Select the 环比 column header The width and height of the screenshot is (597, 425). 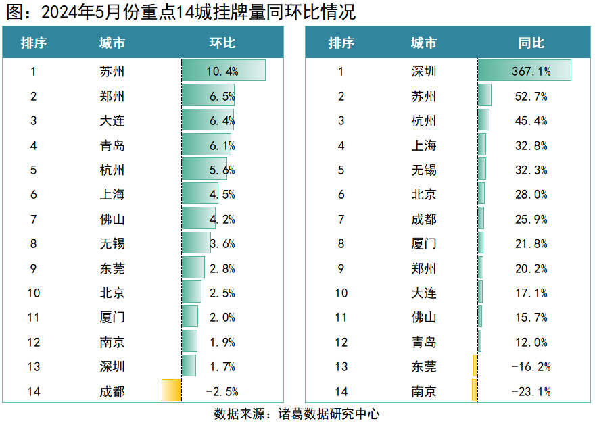(x=222, y=43)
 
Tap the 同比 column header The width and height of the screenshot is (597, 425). (x=531, y=43)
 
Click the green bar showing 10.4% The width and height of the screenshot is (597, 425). (x=223, y=71)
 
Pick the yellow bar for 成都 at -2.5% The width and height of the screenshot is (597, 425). (x=171, y=391)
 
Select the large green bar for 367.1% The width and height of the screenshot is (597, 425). (x=524, y=71)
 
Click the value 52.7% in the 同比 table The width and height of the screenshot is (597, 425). (x=531, y=96)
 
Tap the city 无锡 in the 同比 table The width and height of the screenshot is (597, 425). (x=423, y=170)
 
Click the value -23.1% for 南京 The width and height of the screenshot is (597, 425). (x=531, y=391)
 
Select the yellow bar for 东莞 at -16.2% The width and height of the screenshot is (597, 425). (x=475, y=366)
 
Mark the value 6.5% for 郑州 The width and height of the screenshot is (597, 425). (x=222, y=96)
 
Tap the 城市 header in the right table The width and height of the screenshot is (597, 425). (x=423, y=43)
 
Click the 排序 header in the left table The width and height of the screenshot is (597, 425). (x=34, y=43)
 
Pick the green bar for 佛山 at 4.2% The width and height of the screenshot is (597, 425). (x=199, y=219)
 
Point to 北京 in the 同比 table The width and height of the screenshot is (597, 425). (x=423, y=195)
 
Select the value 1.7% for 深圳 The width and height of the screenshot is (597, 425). (x=222, y=366)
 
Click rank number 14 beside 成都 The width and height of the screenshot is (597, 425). (x=34, y=391)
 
